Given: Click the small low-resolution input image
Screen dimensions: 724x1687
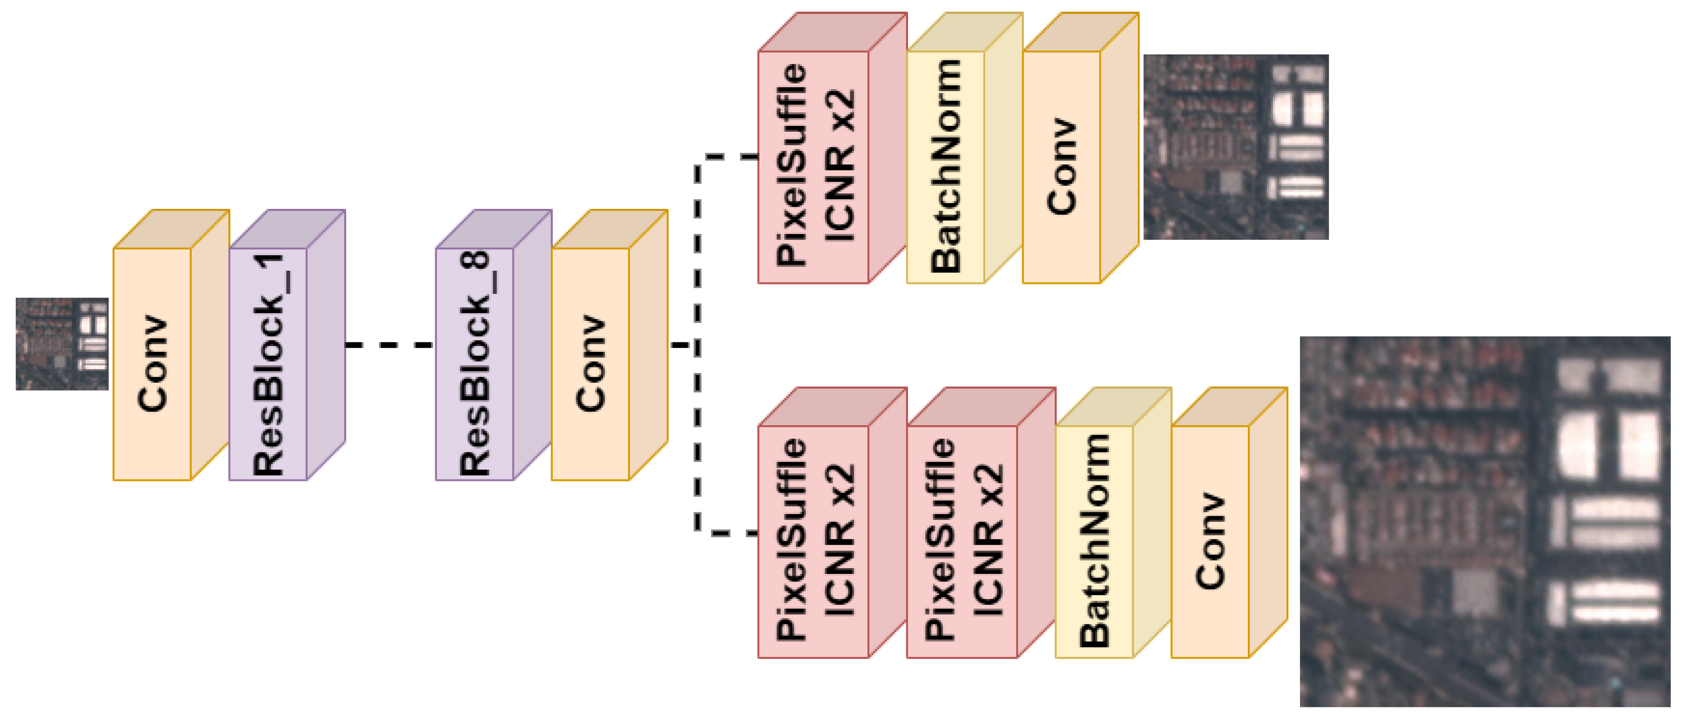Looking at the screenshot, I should click(62, 344).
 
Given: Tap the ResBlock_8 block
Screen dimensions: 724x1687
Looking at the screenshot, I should click(475, 364).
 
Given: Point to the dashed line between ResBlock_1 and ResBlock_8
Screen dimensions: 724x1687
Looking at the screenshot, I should click(390, 344).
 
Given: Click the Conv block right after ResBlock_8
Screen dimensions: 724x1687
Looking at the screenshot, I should click(590, 364).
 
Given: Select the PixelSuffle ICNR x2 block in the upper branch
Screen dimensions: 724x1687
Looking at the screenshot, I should click(813, 167).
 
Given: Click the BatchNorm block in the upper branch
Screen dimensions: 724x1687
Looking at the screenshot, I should click(945, 167).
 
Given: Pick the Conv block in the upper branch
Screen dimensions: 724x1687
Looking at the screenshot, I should click(1061, 167).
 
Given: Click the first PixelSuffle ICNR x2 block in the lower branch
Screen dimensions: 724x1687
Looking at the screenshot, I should click(813, 542).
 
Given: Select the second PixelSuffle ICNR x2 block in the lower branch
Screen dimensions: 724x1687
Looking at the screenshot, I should click(962, 542).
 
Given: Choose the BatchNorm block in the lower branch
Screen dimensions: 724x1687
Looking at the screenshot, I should click(1094, 542).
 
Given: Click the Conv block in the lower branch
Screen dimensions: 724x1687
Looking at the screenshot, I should click(1210, 542).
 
